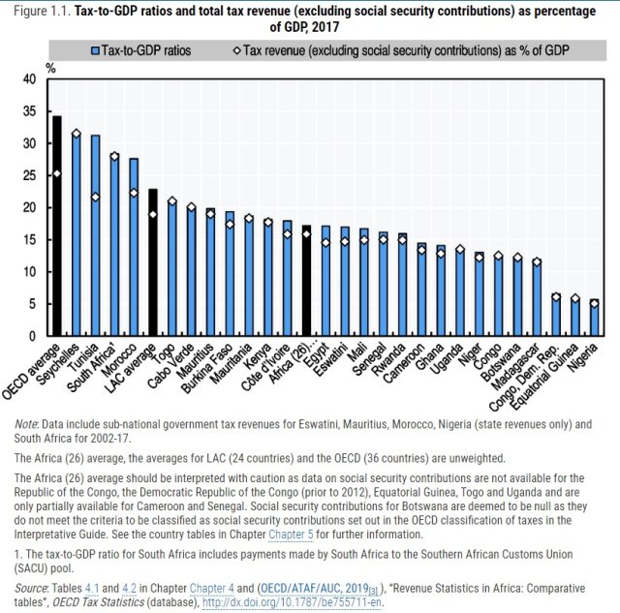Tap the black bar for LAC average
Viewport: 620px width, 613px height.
[x=152, y=262]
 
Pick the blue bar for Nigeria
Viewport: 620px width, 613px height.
[x=595, y=319]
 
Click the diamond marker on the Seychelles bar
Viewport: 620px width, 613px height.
[x=76, y=134]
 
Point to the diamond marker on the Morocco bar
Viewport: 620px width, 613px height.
[x=133, y=193]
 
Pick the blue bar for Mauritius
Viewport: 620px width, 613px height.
[x=209, y=272]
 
